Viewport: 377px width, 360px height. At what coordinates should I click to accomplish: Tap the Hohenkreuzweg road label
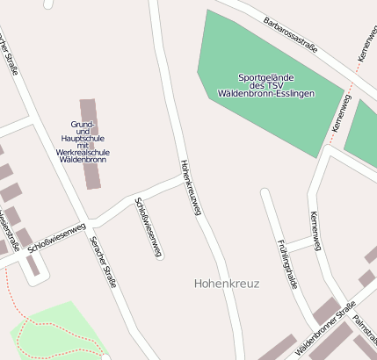191,187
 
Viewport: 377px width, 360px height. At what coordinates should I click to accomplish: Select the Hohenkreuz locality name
226,284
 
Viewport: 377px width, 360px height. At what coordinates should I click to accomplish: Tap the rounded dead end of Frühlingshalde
265,193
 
